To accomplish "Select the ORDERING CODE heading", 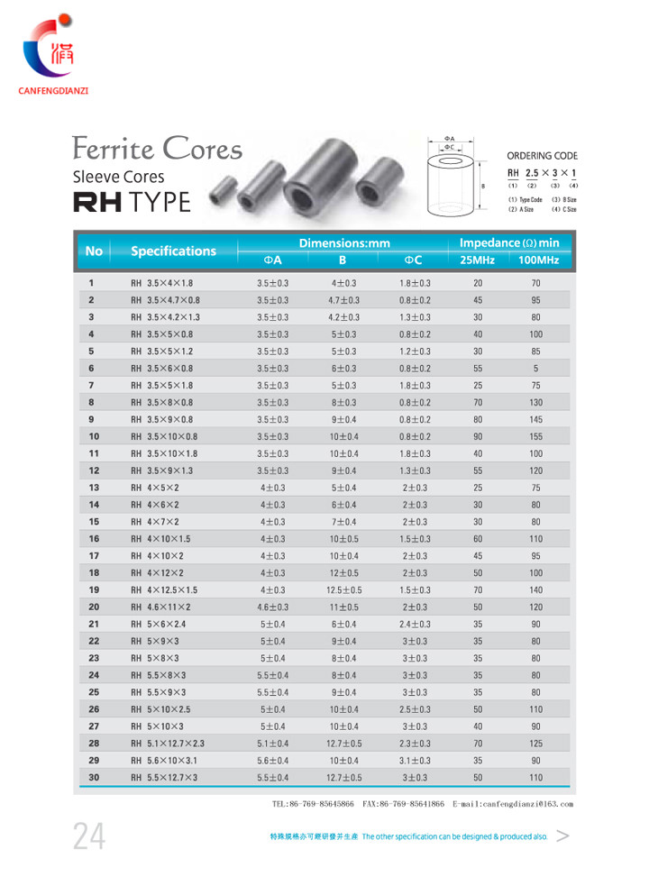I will [542, 155].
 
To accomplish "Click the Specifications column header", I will [173, 251].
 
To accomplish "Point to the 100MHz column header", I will [539, 260].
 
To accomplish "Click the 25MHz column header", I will [478, 260].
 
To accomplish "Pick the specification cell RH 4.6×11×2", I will [161, 607].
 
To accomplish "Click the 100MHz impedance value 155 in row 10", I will [536, 435].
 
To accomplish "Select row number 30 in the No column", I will [93, 776].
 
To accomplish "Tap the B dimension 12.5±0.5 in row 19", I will [343, 589].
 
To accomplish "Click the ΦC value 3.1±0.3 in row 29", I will [416, 760].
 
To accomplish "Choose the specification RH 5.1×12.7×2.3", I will [169, 743].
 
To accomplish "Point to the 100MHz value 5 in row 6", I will [536, 368].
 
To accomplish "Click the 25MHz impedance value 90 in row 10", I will [478, 435].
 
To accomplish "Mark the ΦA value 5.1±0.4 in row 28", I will [273, 743].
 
